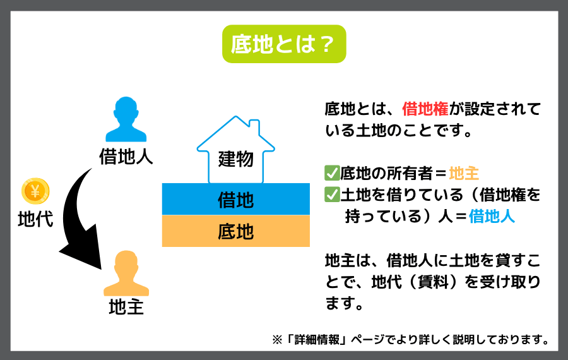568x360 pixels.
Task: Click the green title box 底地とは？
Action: coord(284,44)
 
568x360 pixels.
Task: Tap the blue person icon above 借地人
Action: coord(126,119)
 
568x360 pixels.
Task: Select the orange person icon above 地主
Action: coord(126,273)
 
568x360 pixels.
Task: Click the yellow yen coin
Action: coord(35,191)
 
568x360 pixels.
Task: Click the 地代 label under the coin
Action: coord(35,219)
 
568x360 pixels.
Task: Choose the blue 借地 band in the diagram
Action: coord(236,199)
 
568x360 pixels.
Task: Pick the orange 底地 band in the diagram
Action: coord(236,231)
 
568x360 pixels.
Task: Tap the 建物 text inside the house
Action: coord(236,159)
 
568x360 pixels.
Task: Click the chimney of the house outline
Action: coord(254,126)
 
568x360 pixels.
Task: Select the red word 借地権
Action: coord(425,109)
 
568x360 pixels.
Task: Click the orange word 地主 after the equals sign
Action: coord(464,173)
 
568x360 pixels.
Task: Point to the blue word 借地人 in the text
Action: coord(492,217)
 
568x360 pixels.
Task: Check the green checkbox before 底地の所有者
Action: coord(332,173)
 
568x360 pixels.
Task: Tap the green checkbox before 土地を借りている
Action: coord(332,195)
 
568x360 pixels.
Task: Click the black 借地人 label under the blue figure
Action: coord(126,157)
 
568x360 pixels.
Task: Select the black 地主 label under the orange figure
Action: coord(126,308)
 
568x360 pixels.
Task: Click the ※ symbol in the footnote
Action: coord(277,340)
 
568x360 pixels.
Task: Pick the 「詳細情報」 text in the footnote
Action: coord(317,340)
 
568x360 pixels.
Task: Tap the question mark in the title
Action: coord(327,44)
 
